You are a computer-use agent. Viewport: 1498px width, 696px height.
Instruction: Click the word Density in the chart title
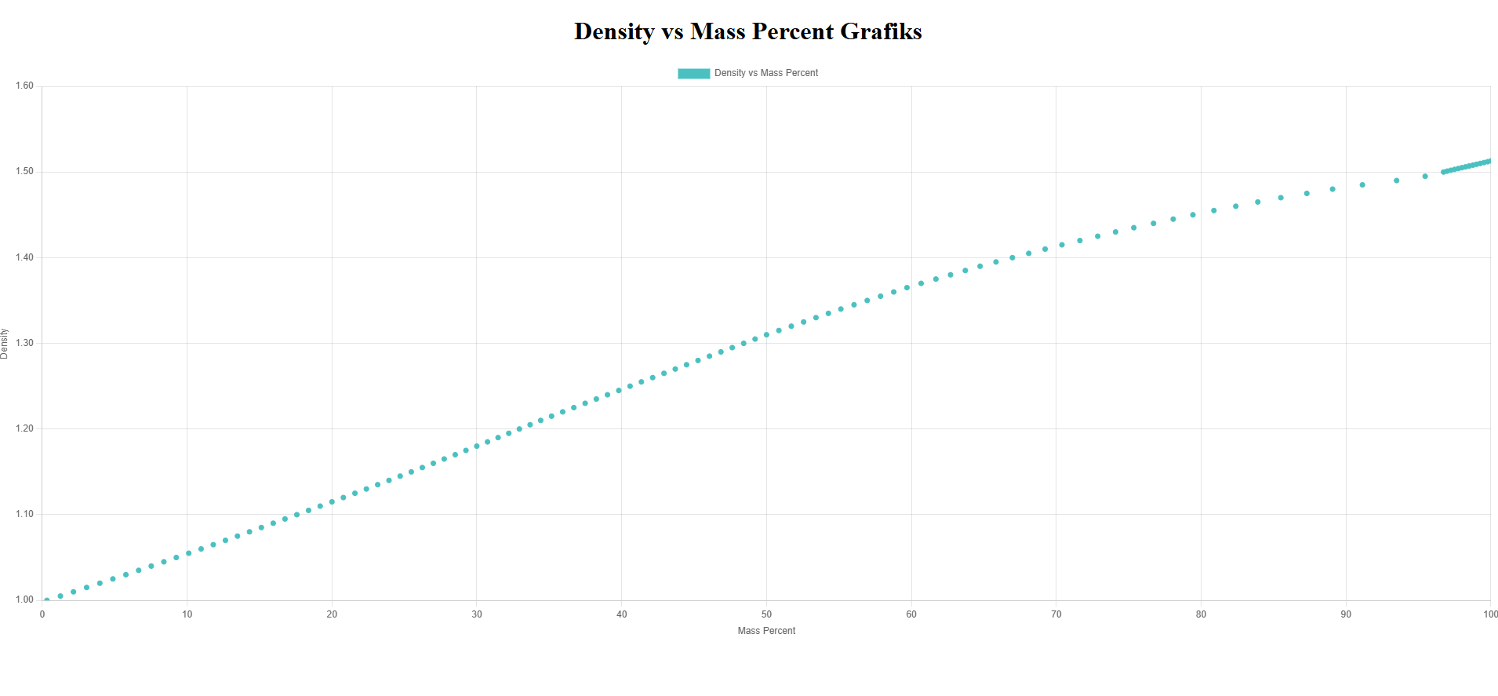(614, 31)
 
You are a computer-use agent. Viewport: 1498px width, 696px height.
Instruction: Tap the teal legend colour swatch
(693, 73)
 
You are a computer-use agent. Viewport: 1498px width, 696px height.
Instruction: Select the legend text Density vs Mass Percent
(765, 73)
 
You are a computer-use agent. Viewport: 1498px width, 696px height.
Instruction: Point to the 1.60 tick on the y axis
(24, 86)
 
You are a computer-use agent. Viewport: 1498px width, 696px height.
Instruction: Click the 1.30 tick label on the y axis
(24, 343)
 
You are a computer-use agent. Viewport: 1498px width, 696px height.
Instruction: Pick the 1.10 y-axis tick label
(24, 514)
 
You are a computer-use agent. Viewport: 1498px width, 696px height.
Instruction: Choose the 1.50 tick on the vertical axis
(24, 172)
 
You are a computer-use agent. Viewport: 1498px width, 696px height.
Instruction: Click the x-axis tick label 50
(766, 614)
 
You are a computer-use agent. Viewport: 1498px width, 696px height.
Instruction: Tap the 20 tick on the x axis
(332, 614)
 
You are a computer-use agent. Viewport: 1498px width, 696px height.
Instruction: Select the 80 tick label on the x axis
(1201, 614)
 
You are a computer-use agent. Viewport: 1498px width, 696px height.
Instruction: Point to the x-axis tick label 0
(42, 614)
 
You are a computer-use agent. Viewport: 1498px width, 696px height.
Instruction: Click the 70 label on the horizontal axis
(1056, 614)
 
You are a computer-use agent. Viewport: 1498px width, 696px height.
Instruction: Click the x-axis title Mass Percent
(766, 631)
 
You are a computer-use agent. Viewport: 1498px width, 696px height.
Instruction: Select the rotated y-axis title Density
(5, 344)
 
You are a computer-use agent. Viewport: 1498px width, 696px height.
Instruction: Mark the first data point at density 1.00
(47, 600)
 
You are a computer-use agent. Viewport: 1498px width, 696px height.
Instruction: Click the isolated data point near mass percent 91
(1362, 185)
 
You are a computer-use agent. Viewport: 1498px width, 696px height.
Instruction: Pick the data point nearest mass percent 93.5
(1397, 180)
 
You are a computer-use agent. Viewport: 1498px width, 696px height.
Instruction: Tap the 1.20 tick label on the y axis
(24, 428)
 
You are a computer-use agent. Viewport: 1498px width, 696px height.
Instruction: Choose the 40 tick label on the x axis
(621, 614)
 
